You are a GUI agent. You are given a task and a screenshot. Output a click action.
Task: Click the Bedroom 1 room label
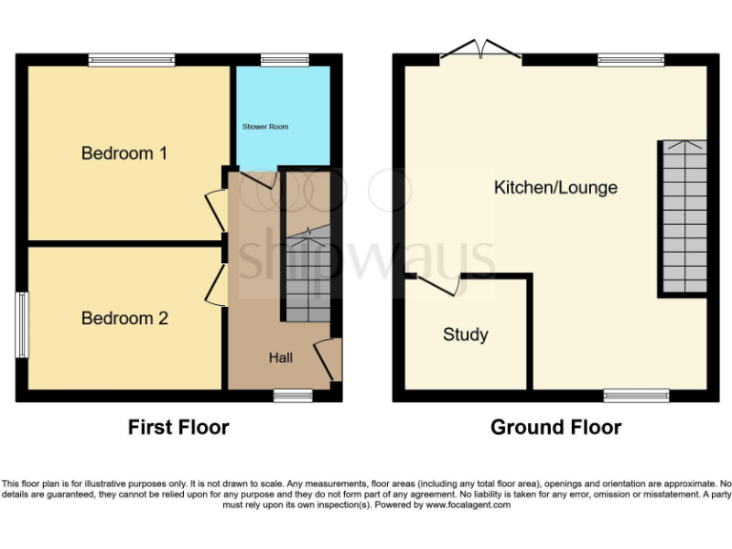click(x=124, y=153)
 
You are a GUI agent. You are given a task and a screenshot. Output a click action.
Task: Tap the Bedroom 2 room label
click(x=124, y=318)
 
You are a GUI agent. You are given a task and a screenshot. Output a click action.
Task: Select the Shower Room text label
click(x=265, y=127)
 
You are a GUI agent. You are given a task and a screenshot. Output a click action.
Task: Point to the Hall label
click(x=280, y=357)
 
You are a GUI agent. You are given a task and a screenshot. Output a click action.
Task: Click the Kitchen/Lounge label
click(x=555, y=188)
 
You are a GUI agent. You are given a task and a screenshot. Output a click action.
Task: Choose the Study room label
click(x=465, y=335)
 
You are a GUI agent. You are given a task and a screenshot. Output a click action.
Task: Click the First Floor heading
click(x=178, y=428)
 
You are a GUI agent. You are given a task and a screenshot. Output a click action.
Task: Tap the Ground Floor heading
click(x=556, y=428)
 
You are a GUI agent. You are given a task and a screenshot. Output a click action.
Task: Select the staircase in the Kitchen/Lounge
click(x=681, y=217)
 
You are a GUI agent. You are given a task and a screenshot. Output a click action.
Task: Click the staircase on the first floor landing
click(x=308, y=276)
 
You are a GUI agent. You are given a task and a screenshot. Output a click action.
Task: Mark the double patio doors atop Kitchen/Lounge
click(x=480, y=51)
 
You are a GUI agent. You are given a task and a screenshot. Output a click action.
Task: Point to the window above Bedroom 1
click(x=132, y=59)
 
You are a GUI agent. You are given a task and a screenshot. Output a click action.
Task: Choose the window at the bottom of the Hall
click(x=292, y=395)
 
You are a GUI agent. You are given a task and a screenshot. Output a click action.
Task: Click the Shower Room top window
click(x=277, y=59)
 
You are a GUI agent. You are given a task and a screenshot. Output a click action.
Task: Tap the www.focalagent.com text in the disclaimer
click(x=467, y=505)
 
